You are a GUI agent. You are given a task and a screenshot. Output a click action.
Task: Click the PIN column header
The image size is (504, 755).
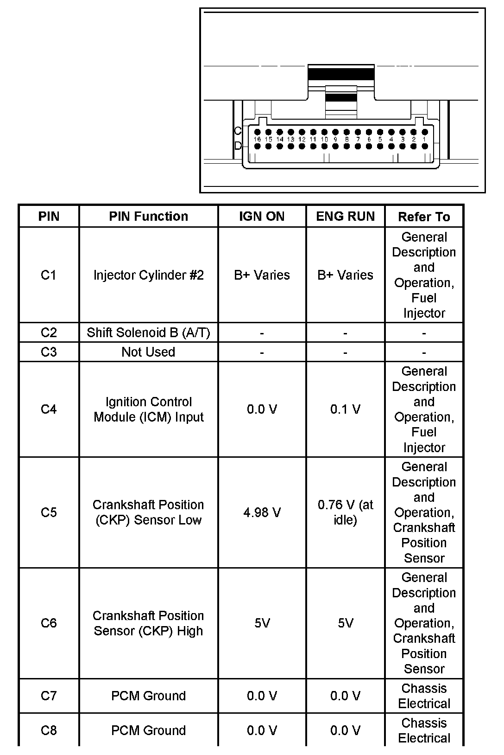tap(49, 216)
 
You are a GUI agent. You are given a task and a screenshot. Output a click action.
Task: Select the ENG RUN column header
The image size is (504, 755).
tap(345, 216)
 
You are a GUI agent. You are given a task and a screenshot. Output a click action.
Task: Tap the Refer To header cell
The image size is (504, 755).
tap(424, 217)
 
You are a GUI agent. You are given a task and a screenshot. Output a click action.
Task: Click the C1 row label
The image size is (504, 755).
tap(49, 275)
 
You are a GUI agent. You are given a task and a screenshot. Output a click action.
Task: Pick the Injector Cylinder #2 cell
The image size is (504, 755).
tap(148, 275)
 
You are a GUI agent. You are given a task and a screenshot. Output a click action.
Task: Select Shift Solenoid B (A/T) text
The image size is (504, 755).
tap(148, 333)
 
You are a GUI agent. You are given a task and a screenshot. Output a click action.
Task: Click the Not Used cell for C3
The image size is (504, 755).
tap(148, 352)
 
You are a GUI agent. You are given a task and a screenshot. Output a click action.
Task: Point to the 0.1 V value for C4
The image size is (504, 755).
tap(345, 409)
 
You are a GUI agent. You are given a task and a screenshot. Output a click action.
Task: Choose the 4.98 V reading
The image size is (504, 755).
tap(262, 512)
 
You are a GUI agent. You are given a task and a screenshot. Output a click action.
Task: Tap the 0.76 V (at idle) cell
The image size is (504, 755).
tap(345, 512)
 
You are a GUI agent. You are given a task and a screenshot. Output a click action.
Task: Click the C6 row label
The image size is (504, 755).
tap(49, 623)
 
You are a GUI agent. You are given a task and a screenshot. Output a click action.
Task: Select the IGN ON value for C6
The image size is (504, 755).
tap(262, 623)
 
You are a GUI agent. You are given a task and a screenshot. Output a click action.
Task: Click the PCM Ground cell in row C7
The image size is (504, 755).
tap(148, 696)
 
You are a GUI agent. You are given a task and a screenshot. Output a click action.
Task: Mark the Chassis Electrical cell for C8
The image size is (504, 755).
tap(424, 730)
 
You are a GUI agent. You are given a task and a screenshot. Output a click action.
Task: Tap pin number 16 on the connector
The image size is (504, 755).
tap(258, 139)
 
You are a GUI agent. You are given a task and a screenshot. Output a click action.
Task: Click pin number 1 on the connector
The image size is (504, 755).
tap(424, 139)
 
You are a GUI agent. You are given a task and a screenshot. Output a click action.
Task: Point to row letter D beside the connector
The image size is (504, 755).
tap(238, 146)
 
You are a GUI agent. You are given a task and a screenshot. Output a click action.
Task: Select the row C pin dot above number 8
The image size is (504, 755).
tap(346, 132)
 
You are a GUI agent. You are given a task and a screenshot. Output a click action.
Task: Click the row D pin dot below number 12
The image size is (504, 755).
tap(302, 147)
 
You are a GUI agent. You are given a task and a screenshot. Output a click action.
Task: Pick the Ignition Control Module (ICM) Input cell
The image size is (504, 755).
tap(148, 409)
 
